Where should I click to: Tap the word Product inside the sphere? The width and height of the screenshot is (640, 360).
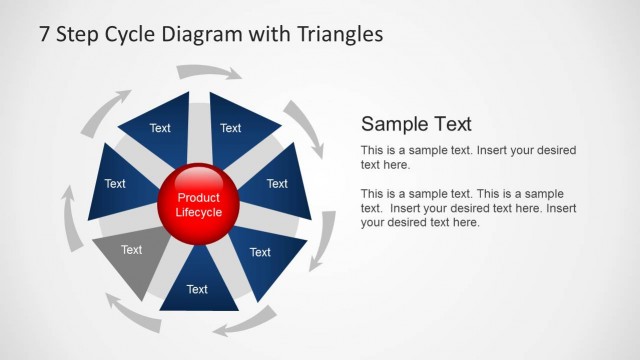(198, 198)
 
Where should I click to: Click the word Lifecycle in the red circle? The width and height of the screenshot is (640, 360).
(198, 212)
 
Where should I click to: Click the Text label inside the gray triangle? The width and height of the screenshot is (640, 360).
(131, 250)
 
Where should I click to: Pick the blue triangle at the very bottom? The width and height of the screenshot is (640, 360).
(198, 285)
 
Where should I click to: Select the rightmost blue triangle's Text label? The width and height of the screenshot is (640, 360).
(277, 184)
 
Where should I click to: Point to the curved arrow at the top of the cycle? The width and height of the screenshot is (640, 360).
(208, 71)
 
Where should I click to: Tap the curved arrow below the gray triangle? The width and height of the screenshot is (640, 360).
(131, 314)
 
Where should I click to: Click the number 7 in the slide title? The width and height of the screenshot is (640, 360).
(45, 34)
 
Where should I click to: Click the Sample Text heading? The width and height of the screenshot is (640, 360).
(416, 124)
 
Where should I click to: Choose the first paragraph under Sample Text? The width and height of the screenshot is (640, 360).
(468, 157)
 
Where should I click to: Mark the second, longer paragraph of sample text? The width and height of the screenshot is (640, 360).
(468, 207)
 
